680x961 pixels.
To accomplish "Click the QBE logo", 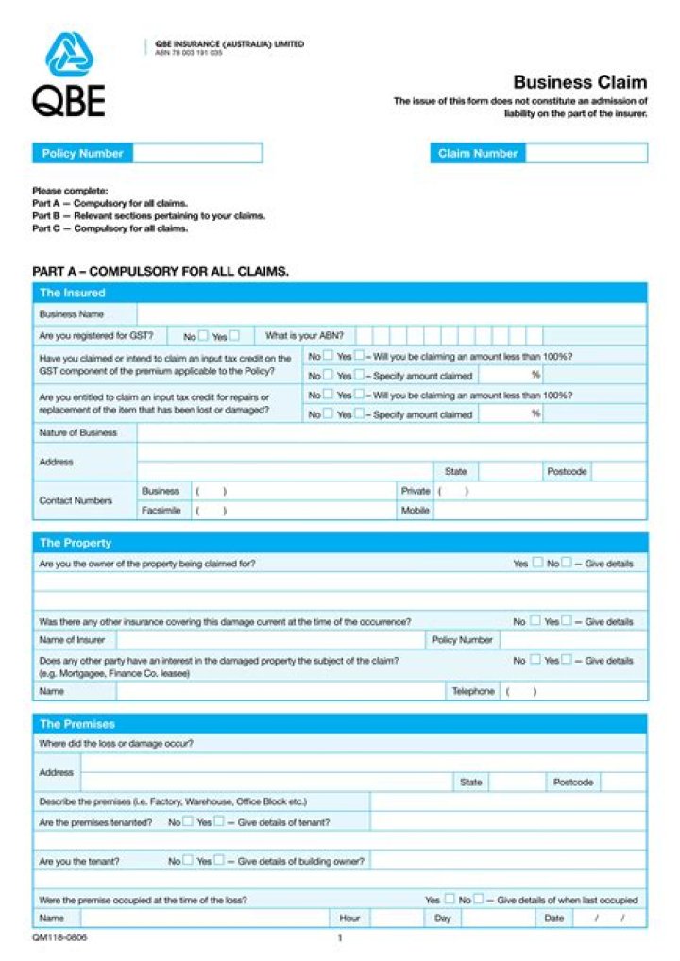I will click(69, 75).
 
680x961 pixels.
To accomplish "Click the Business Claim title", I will click(580, 82).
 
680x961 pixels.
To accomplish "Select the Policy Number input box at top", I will click(196, 153).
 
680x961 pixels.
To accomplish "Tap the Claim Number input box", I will click(586, 153).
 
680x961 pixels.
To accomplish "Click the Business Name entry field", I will click(391, 314).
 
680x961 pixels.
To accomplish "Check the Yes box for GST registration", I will click(234, 335).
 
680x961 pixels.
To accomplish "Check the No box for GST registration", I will click(203, 335).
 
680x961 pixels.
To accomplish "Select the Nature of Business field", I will click(391, 432).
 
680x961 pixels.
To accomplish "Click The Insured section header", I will click(74, 293).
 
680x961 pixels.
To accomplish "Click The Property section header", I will click(76, 543).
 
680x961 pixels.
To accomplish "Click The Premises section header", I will click(77, 724).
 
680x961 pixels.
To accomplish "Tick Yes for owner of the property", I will click(537, 563).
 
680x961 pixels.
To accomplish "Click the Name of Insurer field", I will click(269, 640).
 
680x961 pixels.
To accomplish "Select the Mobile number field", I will click(539, 511).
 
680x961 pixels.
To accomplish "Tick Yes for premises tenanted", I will click(219, 821).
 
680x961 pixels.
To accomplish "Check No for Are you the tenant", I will click(188, 861).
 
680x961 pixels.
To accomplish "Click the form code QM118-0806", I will click(53, 938).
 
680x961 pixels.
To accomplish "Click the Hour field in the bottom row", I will click(396, 918).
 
